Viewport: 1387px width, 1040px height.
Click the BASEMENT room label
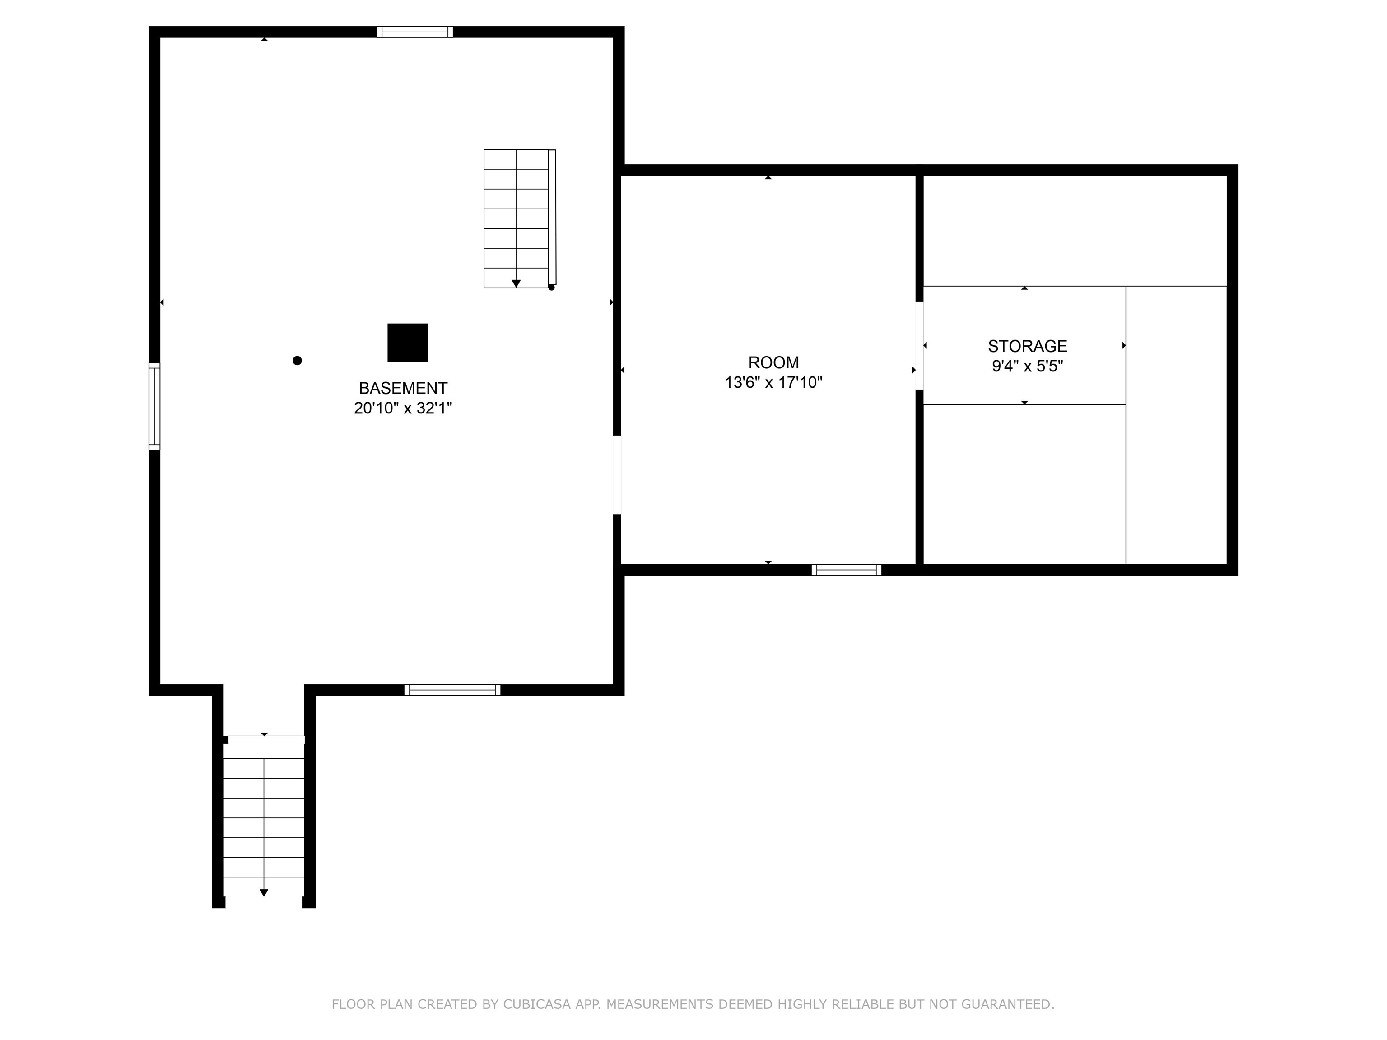click(x=403, y=388)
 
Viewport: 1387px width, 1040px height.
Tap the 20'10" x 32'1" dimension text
click(x=403, y=408)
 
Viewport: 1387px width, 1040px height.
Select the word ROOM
click(x=773, y=362)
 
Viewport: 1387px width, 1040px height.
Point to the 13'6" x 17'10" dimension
click(x=773, y=382)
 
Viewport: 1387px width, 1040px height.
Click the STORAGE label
click(x=1027, y=346)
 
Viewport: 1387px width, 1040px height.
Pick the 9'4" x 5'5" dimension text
click(x=1027, y=366)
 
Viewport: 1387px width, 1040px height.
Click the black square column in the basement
click(x=408, y=343)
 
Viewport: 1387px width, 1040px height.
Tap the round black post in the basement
click(x=297, y=361)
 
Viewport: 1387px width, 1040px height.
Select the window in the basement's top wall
click(x=414, y=32)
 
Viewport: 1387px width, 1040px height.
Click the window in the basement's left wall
click(x=154, y=406)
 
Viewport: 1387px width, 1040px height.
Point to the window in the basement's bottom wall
click(x=452, y=690)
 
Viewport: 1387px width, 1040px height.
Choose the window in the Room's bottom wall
click(x=846, y=570)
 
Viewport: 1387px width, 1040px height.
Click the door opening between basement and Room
click(x=617, y=474)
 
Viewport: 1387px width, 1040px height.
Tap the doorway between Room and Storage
click(x=919, y=345)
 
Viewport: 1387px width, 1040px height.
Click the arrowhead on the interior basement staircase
click(x=516, y=284)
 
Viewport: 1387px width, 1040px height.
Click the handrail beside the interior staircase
click(x=552, y=217)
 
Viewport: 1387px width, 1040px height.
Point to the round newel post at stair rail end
click(x=552, y=288)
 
